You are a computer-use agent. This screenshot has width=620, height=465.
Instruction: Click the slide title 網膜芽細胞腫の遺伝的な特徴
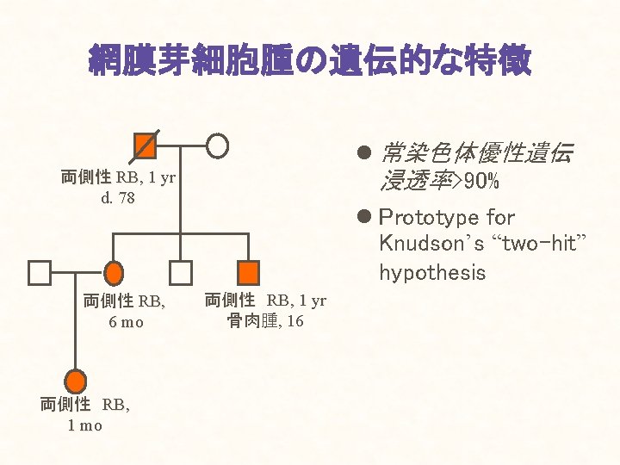point(310,61)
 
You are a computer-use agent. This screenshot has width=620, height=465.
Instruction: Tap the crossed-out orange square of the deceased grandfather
point(146,146)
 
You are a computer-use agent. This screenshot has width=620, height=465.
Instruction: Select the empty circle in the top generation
point(219,146)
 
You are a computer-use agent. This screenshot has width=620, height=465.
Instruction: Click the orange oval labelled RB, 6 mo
point(114,273)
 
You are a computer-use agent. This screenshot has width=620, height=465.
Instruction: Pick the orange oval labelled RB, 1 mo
point(76,381)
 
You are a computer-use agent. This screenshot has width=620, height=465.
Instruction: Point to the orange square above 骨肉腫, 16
point(248,273)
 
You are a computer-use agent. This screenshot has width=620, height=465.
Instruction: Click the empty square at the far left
point(40,273)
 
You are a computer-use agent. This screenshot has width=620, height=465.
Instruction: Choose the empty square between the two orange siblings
point(180,273)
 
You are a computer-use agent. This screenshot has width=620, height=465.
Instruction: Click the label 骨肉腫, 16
point(265,322)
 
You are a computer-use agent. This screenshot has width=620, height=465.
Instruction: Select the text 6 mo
point(126,322)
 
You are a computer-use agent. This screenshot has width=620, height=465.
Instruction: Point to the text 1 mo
point(84,425)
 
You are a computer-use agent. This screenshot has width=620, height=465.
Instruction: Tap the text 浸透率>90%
point(441,183)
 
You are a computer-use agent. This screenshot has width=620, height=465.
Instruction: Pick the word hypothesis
point(432,273)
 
